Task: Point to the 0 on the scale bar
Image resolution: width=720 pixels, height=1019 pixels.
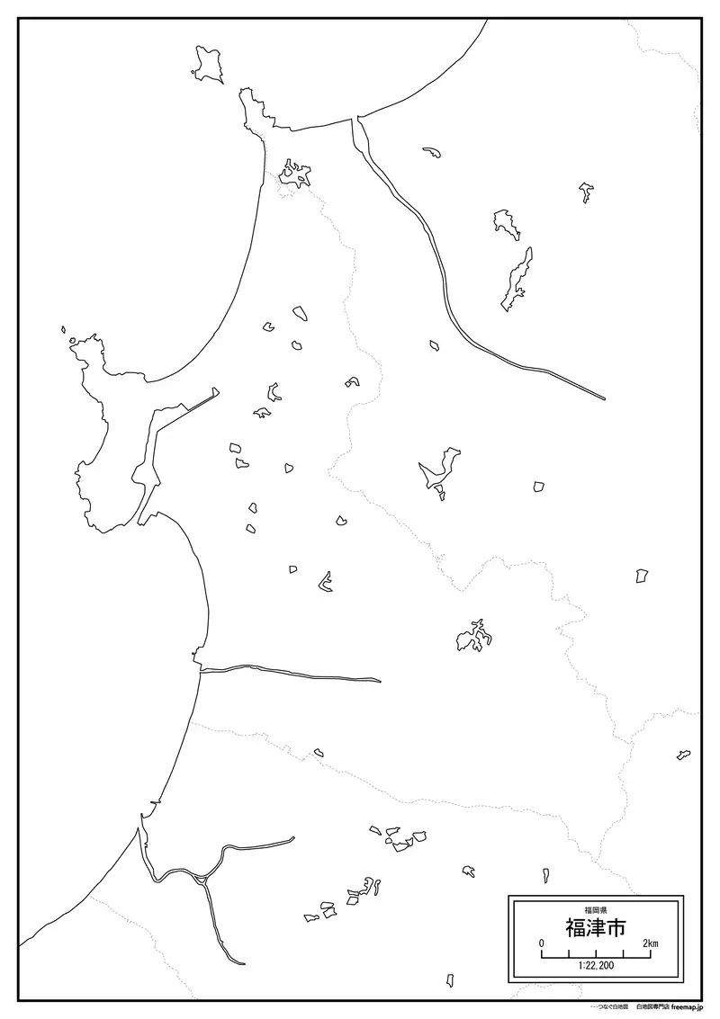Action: coord(542,943)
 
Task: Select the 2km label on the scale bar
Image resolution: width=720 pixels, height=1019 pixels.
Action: coord(650,943)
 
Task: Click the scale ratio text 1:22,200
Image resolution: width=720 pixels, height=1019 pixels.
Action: coord(595,966)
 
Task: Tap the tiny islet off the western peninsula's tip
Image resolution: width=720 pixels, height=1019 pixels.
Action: coord(64,330)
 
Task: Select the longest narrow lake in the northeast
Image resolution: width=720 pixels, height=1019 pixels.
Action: coord(517,279)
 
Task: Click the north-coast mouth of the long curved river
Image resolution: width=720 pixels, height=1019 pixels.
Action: coord(356,119)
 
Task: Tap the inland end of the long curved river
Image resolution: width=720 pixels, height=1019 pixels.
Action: coord(603,397)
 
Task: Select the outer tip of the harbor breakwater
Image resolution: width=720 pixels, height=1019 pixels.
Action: coord(216,389)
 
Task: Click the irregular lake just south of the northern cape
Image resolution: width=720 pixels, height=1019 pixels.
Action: coord(293,173)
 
